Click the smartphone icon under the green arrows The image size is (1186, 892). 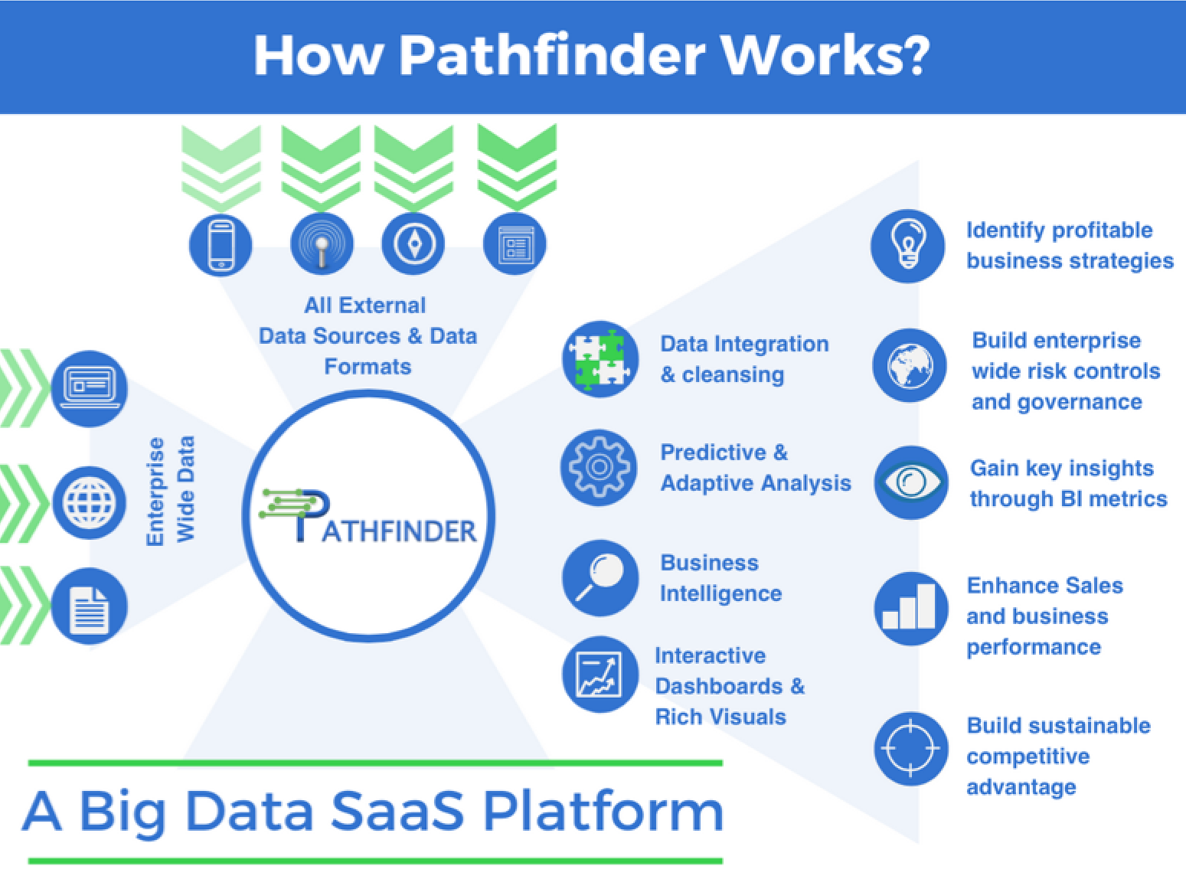coord(221,245)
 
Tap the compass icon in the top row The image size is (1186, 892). coord(413,244)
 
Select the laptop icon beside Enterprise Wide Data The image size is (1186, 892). coord(90,387)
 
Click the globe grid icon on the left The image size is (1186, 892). coord(90,502)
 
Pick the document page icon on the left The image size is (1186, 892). coord(90,606)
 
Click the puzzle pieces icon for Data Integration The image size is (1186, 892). coord(600,359)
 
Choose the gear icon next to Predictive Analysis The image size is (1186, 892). coord(599,467)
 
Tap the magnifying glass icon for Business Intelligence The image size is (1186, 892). coord(600,578)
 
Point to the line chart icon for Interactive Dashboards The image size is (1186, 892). coord(600,675)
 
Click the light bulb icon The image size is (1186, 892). coord(908,246)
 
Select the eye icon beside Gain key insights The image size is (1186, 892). coord(911,482)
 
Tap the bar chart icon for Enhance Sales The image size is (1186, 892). coord(910,609)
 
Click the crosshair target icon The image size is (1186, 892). coord(910,748)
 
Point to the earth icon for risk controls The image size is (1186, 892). coord(910,365)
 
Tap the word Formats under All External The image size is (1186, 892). coord(368,367)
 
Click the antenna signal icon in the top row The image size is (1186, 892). coord(322,245)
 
